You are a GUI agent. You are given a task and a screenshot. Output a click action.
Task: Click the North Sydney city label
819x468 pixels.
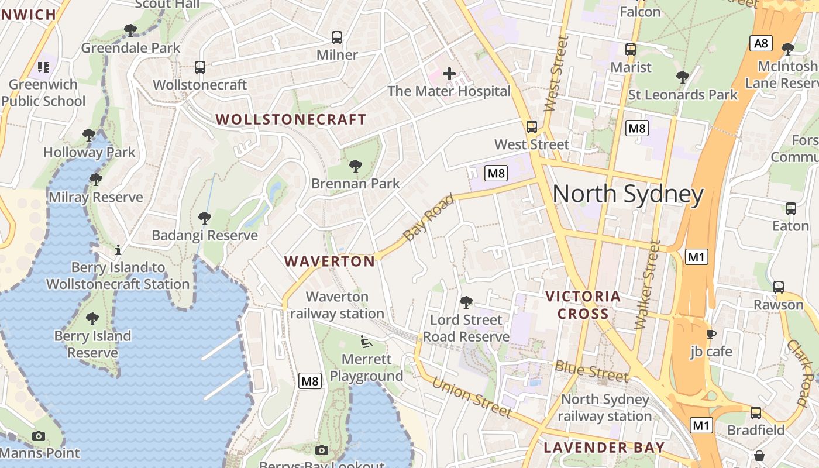tap(628, 194)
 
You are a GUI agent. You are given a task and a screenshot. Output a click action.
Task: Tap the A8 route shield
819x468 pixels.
tap(761, 43)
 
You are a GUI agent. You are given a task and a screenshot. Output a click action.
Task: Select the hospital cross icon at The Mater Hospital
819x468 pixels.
tap(449, 74)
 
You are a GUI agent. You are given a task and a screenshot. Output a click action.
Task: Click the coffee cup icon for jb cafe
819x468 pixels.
tap(711, 334)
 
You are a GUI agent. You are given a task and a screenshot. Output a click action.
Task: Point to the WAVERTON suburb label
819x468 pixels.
tap(329, 261)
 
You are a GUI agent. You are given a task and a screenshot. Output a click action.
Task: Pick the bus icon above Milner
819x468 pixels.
tap(337, 37)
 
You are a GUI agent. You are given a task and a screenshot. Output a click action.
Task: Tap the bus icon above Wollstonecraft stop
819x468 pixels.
tap(200, 67)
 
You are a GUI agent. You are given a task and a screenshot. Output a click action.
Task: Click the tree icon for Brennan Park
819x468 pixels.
tap(355, 166)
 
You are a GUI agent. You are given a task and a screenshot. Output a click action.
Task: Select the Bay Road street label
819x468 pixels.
tap(429, 218)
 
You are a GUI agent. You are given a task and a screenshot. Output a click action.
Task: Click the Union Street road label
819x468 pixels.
tap(472, 398)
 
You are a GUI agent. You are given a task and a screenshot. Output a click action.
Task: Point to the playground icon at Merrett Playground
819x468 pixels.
tap(366, 341)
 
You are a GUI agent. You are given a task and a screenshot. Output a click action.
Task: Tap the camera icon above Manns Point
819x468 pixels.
tap(39, 436)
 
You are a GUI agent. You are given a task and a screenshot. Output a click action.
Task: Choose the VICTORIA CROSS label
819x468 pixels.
tap(583, 305)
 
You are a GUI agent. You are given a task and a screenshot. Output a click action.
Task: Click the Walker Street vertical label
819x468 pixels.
tap(647, 285)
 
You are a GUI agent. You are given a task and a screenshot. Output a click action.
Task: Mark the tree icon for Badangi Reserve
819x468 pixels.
tap(204, 218)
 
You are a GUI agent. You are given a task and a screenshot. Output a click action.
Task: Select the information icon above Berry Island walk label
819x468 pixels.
tap(118, 250)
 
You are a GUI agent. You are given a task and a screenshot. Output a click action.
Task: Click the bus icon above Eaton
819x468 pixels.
tap(791, 208)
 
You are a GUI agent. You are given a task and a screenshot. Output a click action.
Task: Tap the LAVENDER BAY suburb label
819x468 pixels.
tap(604, 448)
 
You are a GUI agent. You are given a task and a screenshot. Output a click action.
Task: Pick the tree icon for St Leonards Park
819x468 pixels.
tap(682, 77)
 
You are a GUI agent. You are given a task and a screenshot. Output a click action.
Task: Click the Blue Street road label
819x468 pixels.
tap(591, 371)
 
